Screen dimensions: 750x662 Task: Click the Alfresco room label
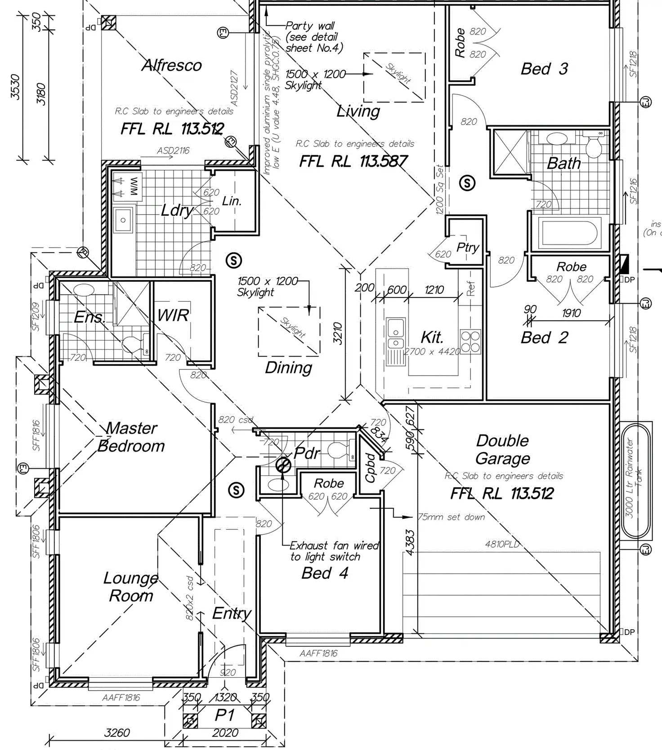point(172,66)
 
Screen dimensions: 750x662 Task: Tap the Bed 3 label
point(544,69)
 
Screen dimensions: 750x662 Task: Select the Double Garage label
point(502,449)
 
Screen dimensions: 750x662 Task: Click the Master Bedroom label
point(131,437)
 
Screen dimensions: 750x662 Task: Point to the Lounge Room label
point(131,586)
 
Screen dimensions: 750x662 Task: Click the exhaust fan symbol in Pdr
point(283,466)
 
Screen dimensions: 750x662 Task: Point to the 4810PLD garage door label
point(502,544)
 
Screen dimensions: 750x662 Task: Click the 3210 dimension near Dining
point(338,333)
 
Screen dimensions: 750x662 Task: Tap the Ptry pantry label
point(468,247)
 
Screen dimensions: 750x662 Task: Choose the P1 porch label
point(224,715)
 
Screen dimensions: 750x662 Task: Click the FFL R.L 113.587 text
point(353,161)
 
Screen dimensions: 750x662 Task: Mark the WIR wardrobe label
point(173,315)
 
